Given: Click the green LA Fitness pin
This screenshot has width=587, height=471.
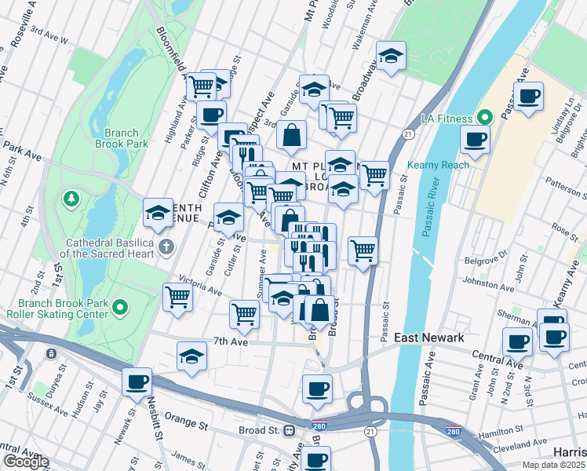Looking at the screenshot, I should pyautogui.click(x=485, y=119).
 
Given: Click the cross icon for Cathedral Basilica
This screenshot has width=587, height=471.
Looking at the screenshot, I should pyautogui.click(x=166, y=247).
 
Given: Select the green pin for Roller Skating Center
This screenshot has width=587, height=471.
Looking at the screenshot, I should pyautogui.click(x=119, y=307).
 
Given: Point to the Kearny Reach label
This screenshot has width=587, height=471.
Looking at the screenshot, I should pyautogui.click(x=438, y=165).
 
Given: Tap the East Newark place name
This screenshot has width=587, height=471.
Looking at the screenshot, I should pyautogui.click(x=429, y=338).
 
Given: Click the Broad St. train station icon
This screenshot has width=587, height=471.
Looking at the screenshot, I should pyautogui.click(x=290, y=430).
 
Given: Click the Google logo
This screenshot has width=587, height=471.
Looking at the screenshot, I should pyautogui.click(x=25, y=462).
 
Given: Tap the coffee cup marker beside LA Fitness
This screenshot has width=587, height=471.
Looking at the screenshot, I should pyautogui.click(x=474, y=139).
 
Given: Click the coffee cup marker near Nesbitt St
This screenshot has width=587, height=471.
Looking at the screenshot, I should pyautogui.click(x=137, y=382).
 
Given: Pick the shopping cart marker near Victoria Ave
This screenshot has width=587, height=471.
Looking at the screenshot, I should pyautogui.click(x=178, y=297).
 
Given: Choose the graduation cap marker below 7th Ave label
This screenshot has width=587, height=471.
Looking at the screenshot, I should pyautogui.click(x=191, y=356).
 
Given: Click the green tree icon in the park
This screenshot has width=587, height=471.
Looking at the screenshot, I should pyautogui.click(x=72, y=196).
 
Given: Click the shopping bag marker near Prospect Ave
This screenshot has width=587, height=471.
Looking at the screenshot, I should pyautogui.click(x=291, y=134).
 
